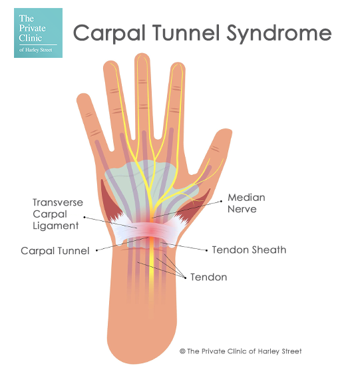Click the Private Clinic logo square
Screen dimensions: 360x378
pos(38,33)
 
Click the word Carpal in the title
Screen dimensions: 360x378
pos(109,33)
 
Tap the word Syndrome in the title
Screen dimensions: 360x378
pos(279,34)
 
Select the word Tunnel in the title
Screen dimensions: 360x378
pos(186,33)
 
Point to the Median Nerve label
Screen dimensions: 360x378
pos(246,203)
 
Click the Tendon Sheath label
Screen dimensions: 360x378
pos(249,250)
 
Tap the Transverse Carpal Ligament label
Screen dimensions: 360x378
pos(58,214)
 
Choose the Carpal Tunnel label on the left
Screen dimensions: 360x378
pos(55,251)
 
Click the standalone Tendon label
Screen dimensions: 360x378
pos(208,278)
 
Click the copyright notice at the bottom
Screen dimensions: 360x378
pos(240,351)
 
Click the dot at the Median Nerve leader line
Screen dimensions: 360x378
pos(222,201)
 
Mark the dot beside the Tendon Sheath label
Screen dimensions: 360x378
pos(207,250)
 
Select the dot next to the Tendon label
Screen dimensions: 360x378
pos(185,278)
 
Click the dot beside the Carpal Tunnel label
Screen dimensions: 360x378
pos(96,250)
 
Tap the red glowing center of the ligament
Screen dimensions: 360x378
pos(151,230)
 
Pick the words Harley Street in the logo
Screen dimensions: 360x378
pos(39,50)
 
